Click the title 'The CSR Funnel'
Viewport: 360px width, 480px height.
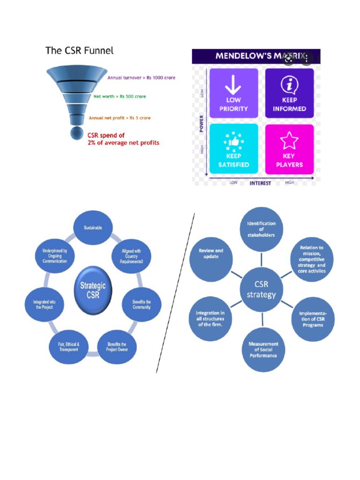click(79, 50)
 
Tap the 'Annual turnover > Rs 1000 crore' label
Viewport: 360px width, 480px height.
click(141, 78)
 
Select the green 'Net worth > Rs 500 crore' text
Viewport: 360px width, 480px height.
click(120, 97)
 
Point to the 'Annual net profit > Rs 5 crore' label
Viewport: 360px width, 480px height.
click(120, 118)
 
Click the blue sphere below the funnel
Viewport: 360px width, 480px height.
click(77, 133)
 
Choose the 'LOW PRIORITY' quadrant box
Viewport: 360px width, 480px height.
click(233, 93)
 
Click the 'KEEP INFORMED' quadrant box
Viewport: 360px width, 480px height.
click(289, 93)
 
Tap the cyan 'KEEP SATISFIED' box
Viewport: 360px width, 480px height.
click(233, 149)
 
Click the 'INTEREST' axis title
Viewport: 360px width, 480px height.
click(260, 183)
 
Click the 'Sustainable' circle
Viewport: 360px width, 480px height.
click(93, 228)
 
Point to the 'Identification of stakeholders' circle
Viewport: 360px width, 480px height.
click(262, 229)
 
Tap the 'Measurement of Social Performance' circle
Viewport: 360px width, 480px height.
click(263, 350)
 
